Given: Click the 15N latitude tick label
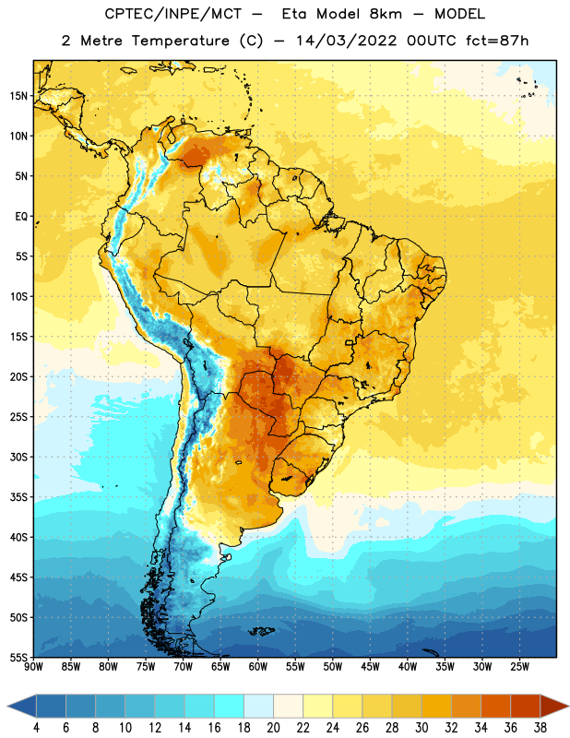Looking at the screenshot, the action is pos(18,96).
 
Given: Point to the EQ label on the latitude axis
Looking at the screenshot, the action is pos(21,217).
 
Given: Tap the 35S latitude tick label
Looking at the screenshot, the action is pos(18,497).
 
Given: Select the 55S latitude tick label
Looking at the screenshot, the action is pos(18,657).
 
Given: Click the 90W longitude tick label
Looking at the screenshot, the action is pos(33,667).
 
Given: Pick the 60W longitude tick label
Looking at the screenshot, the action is pos(258,667).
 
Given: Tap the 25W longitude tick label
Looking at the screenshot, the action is pos(519,667).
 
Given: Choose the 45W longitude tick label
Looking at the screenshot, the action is pos(370,667).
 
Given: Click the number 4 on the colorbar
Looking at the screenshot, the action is pos(36,728).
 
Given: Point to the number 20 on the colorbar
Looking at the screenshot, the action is pos(273,728).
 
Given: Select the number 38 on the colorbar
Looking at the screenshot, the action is pos(540,728).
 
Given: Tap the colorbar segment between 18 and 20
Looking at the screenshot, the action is pos(259,706).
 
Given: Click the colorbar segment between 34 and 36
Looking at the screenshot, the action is pos(495,706).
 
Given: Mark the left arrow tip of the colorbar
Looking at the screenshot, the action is pos(7,706).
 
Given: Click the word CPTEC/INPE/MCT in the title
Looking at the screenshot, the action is pos(172,14).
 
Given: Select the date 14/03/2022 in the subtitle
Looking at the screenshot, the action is pos(347,41).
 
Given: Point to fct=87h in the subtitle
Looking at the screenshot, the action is pos(497,41).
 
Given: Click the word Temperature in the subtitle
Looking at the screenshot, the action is pos(180,41).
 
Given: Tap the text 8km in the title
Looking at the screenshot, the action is pos(386,14).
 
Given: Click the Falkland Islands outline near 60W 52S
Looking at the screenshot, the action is pos(262,631).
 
